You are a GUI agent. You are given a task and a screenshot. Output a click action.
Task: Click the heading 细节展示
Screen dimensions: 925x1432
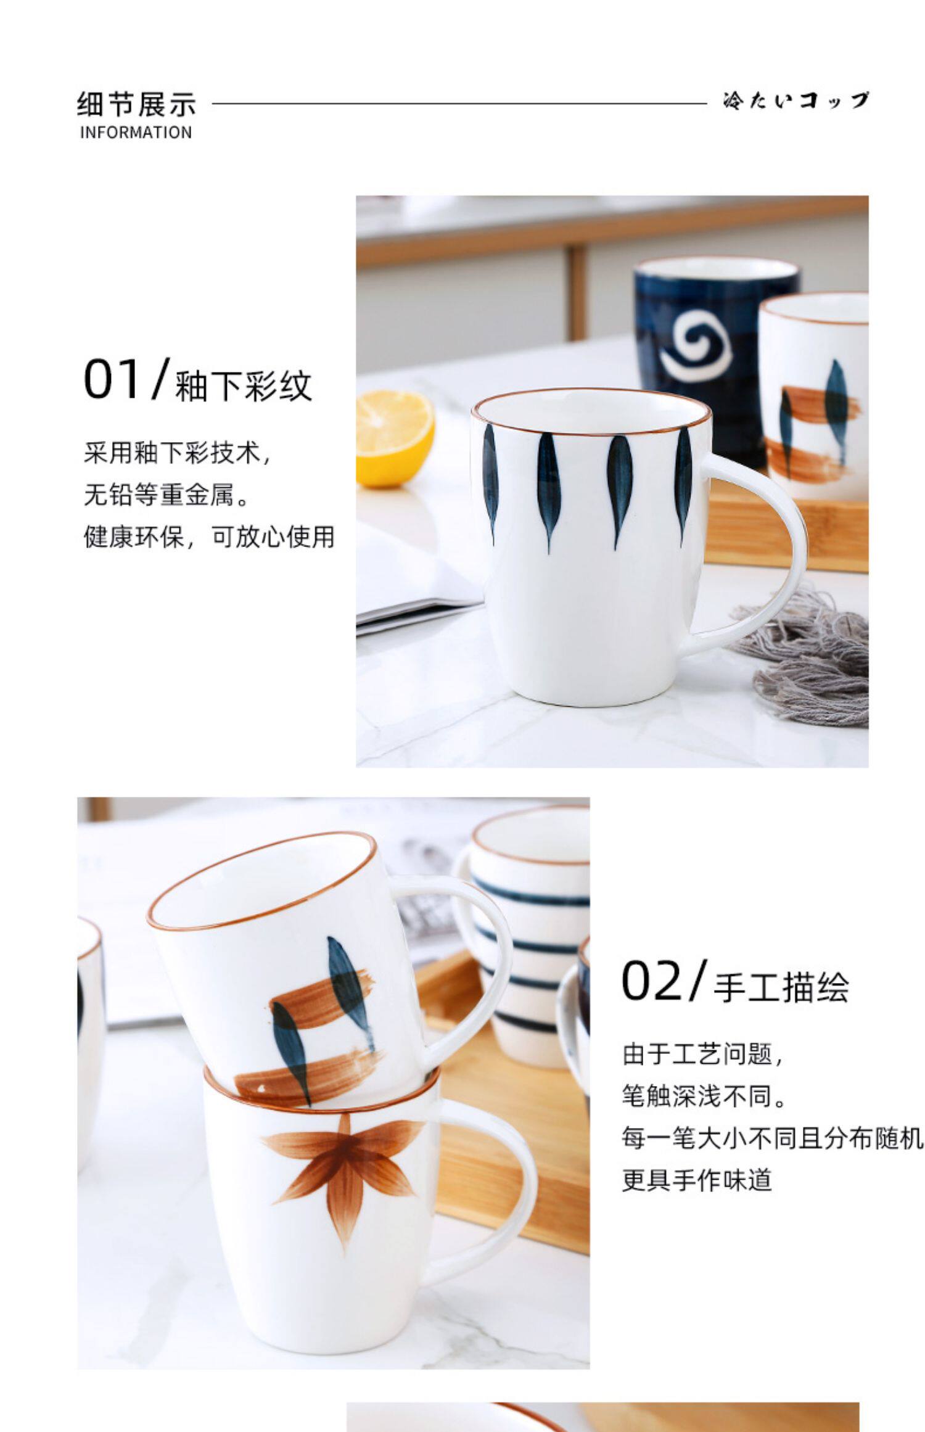[136, 104]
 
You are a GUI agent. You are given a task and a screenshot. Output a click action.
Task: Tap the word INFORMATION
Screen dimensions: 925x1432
[136, 133]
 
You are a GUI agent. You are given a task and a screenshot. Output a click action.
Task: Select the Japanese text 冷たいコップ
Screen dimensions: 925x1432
[795, 101]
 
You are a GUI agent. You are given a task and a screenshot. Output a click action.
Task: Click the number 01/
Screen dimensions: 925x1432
[126, 379]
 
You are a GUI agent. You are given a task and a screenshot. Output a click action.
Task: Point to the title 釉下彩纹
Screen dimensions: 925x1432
[244, 387]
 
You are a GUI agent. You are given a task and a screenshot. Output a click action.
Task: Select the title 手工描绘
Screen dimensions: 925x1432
[781, 987]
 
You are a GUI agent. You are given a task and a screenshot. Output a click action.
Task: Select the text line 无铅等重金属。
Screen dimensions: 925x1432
[166, 495]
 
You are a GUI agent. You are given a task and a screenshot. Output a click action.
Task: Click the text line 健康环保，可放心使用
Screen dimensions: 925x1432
[209, 537]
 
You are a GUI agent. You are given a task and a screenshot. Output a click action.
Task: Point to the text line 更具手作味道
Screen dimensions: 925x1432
[697, 1180]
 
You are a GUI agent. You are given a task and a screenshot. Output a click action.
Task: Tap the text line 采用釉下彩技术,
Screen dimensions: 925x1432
[177, 453]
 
